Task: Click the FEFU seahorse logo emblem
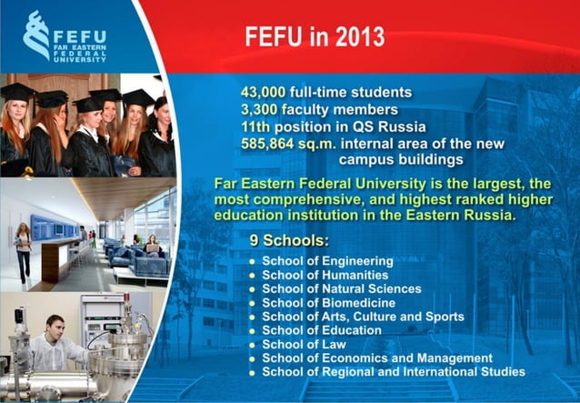37,35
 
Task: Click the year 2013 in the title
355,37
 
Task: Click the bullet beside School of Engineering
252,262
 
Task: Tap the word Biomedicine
358,302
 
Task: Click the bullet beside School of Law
252,345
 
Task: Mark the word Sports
444,317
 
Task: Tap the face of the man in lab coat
55,325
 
